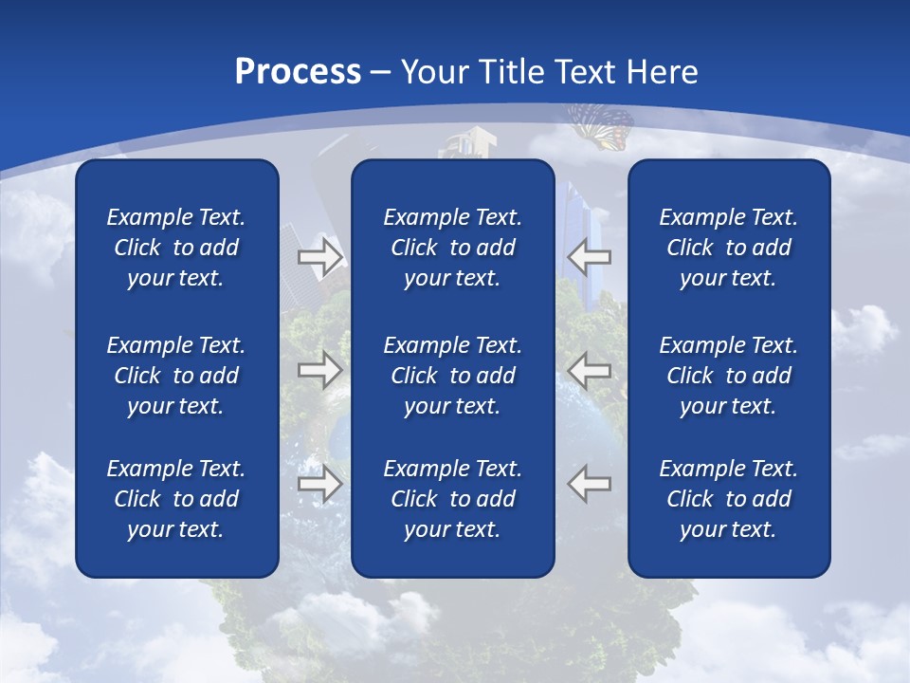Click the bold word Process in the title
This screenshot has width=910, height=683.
click(x=298, y=72)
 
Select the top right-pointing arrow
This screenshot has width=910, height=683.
click(x=320, y=256)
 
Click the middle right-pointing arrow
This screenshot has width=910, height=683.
click(x=320, y=369)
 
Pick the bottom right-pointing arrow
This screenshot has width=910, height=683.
click(x=320, y=484)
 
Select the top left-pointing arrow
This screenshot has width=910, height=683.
click(x=590, y=256)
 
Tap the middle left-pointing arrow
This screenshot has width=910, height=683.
click(x=590, y=369)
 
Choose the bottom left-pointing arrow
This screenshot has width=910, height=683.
click(x=590, y=484)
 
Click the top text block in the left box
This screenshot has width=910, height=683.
click(x=176, y=248)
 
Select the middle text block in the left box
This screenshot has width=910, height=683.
click(x=176, y=376)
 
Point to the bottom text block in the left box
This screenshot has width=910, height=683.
click(x=176, y=499)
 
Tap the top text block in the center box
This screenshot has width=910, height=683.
click(x=453, y=248)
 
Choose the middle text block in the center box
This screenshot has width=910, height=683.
click(x=453, y=376)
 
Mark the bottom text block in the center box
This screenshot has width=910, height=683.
click(x=453, y=499)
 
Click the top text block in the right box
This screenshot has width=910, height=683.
click(x=729, y=248)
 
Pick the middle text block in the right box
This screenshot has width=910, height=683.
click(x=729, y=376)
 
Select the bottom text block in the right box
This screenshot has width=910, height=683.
click(x=729, y=499)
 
